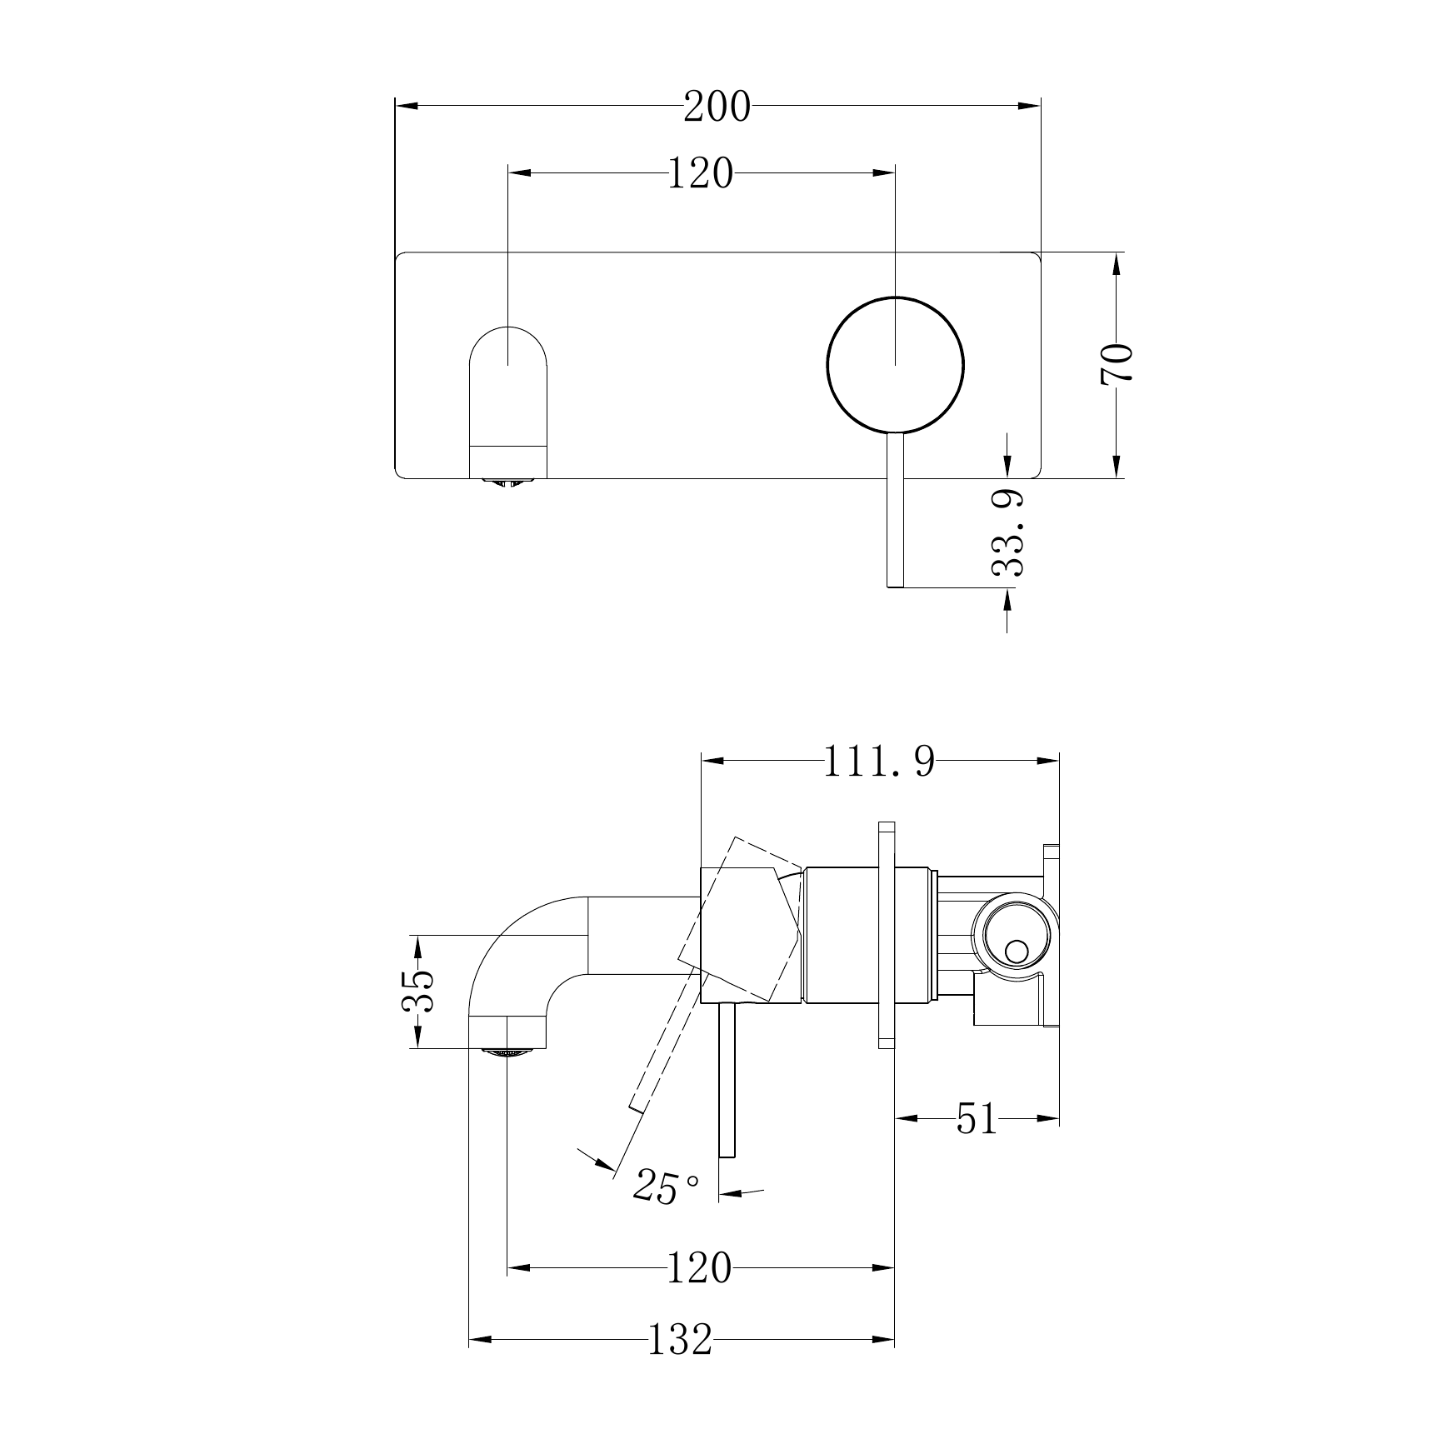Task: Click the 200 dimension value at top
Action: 717,107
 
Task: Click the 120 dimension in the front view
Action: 700,174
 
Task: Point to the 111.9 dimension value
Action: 879,762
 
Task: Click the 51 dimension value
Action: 977,1119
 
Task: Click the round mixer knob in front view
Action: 896,365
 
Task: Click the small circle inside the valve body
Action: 1017,951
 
